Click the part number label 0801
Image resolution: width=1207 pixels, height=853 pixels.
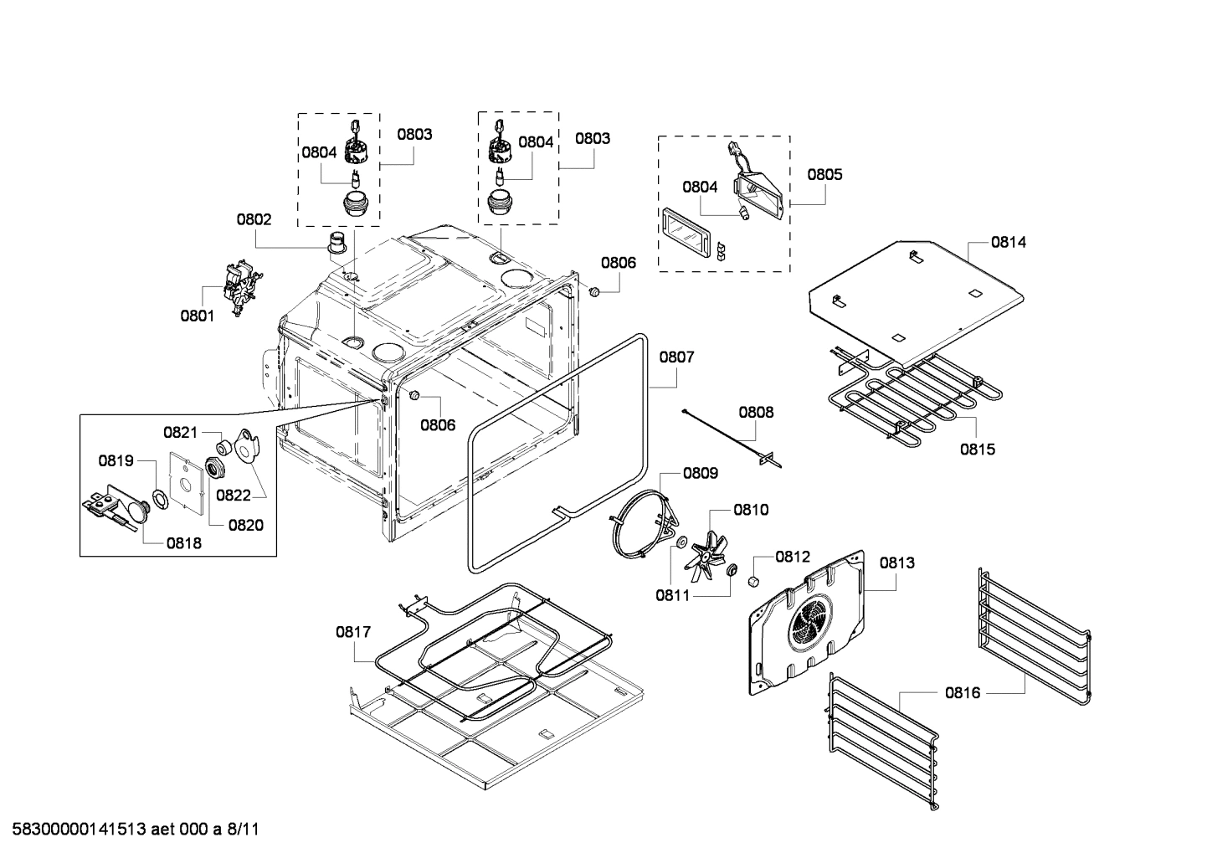pos(198,316)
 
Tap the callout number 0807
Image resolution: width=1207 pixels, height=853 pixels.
pos(676,357)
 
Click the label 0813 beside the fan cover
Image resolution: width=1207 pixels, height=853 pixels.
pos(896,563)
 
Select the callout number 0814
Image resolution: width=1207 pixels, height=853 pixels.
pos(1009,242)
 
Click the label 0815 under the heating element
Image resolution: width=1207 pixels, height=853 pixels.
pos(978,450)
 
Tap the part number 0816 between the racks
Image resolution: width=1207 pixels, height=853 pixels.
pos(963,692)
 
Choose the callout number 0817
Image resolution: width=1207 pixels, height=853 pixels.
pos(353,632)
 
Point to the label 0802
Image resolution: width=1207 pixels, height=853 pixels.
pos(254,219)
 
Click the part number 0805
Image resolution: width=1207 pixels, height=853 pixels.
pos(824,174)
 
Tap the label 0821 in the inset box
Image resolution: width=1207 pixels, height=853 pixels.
pos(180,432)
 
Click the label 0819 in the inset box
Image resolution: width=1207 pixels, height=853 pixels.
pos(116,460)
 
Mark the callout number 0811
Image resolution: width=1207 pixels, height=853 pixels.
pos(672,595)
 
